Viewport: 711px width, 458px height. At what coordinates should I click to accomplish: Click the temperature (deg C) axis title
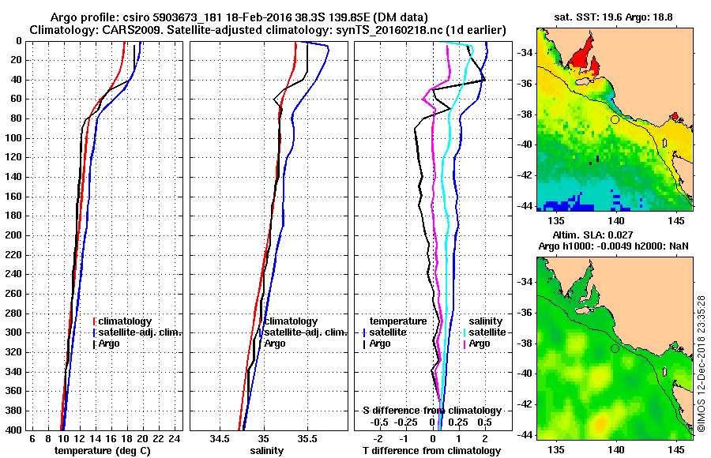tap(102, 451)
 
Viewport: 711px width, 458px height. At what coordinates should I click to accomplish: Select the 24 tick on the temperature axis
tap(175, 439)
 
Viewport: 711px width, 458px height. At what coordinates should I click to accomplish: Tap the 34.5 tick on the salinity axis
tap(222, 439)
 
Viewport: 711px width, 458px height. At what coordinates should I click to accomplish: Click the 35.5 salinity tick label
tap(307, 439)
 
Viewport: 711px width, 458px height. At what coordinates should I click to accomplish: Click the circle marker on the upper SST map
tap(615, 119)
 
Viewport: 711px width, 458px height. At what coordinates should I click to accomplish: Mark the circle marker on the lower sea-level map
tap(615, 348)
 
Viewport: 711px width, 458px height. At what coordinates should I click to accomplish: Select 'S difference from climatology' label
tap(431, 411)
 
